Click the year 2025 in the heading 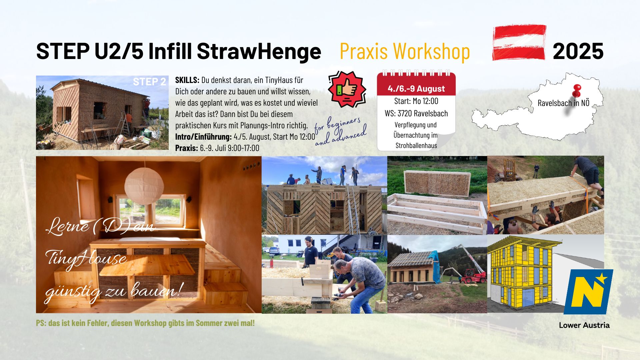coord(578,51)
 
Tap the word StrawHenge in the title coord(259,51)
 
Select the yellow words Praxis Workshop coord(405,51)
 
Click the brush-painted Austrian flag coord(519,42)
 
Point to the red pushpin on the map coord(576,90)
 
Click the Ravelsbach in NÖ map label coord(564,103)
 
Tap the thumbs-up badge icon coord(347,89)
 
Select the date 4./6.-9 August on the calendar coord(416,89)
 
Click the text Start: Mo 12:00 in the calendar coord(416,101)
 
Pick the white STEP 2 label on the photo coord(149,82)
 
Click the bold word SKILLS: coord(187,80)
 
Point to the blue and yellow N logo coord(588,292)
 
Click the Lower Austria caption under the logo coord(584,325)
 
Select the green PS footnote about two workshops coord(145,323)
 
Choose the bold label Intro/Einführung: coord(203,137)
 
